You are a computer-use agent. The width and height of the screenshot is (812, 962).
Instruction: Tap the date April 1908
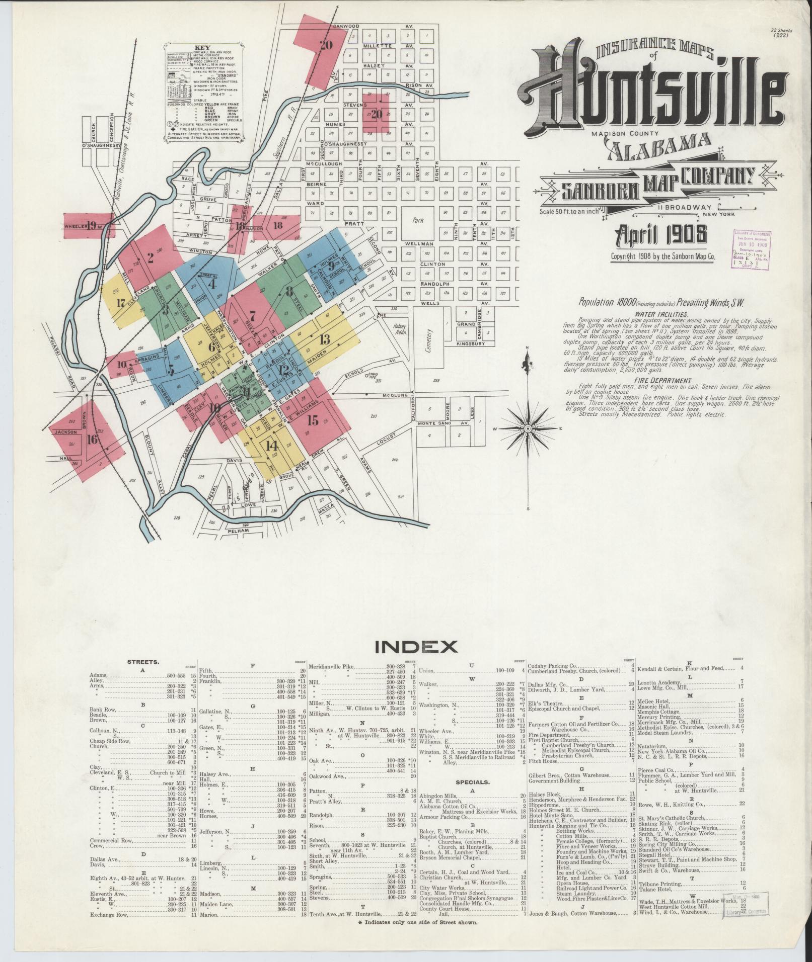(659, 234)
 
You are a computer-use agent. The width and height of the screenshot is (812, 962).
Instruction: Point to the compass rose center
(527, 428)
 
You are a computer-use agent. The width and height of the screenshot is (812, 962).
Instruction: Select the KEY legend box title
(206, 49)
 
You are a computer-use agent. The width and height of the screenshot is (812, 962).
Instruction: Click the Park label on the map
(418, 220)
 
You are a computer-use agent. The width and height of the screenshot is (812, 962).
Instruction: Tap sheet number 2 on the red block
(150, 257)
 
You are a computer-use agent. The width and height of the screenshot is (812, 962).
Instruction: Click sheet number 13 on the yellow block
(324, 338)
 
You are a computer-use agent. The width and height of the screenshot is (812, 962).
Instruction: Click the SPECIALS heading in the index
(472, 797)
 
